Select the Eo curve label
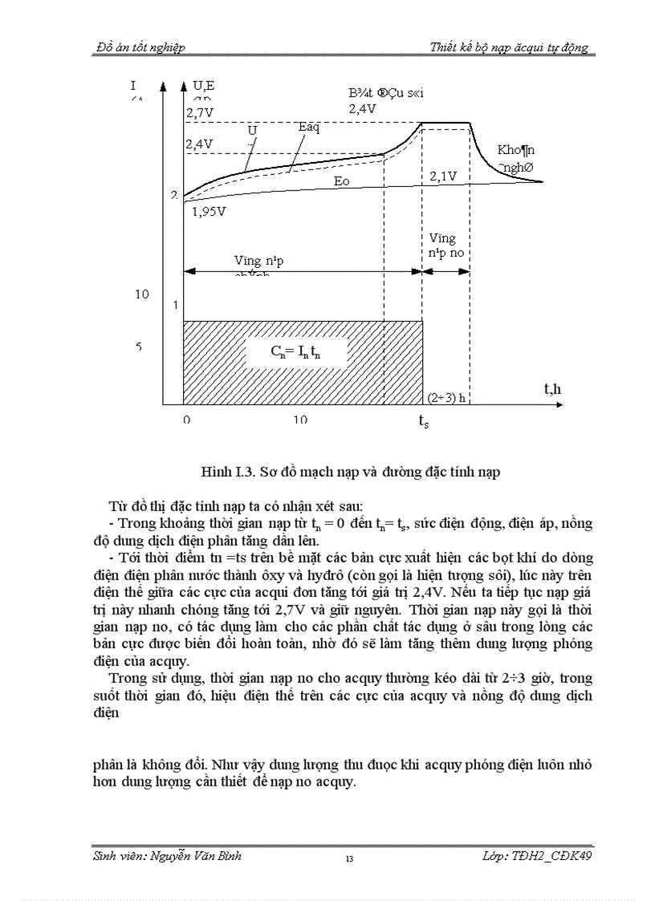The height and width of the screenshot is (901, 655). (342, 181)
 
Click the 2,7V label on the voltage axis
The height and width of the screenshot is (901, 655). (200, 113)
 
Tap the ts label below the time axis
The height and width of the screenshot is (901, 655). (423, 421)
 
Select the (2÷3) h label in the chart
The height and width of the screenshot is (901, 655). (447, 397)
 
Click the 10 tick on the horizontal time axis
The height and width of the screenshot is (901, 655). (299, 420)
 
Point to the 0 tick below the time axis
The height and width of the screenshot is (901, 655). (186, 420)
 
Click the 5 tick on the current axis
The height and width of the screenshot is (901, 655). (138, 347)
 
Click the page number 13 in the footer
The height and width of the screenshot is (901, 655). (349, 859)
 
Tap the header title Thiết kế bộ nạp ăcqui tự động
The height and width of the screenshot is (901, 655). (509, 47)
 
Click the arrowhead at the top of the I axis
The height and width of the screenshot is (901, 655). (164, 85)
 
